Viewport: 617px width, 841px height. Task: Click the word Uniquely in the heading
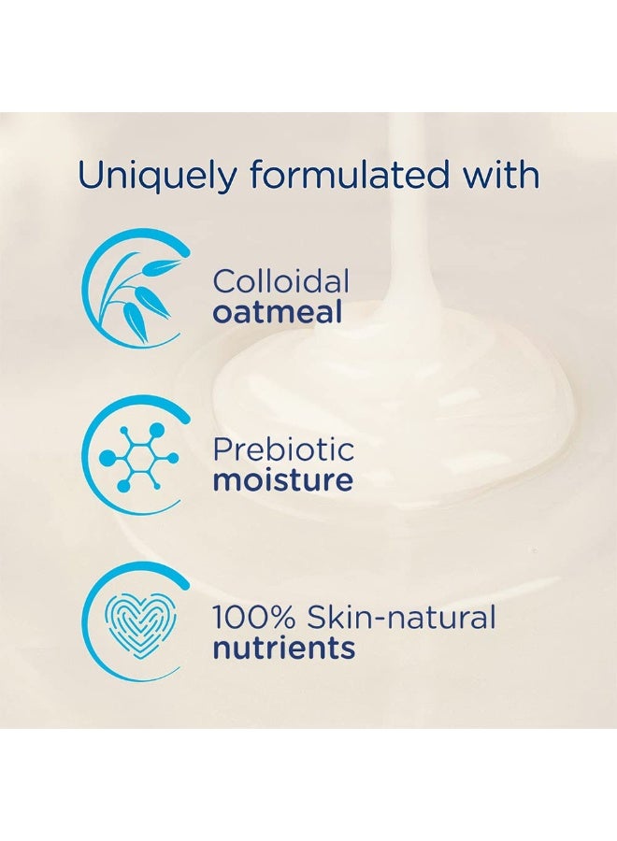click(x=151, y=176)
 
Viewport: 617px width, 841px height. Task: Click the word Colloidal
click(x=280, y=280)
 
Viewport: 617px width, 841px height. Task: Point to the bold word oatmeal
click(x=277, y=311)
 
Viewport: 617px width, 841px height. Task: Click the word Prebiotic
click(x=283, y=449)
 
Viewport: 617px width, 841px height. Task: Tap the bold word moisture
click(x=282, y=480)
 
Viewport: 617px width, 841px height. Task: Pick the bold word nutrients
click(x=283, y=648)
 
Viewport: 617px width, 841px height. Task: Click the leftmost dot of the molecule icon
click(x=106, y=458)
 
